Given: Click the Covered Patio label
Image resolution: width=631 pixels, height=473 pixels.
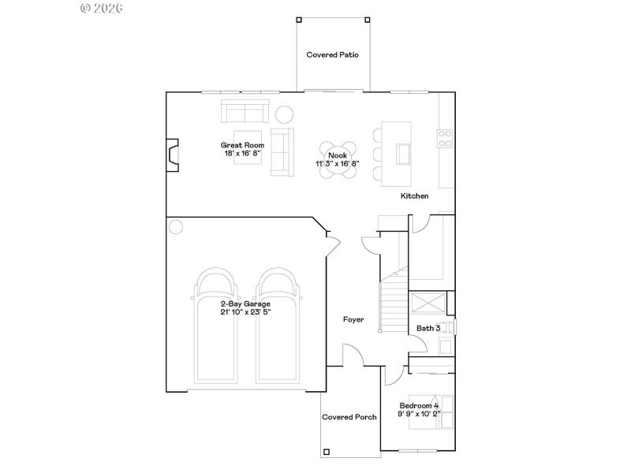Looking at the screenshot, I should tap(333, 55).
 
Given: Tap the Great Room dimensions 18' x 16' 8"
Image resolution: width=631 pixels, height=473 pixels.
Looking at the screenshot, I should tap(242, 154).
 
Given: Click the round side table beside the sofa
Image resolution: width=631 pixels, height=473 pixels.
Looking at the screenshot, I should tap(283, 114).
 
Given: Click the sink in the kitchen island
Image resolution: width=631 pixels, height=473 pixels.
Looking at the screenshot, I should tap(403, 152).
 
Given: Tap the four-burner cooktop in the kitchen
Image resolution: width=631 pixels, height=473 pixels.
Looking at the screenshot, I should tap(446, 139).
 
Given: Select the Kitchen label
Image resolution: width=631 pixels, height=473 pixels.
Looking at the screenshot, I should tap(414, 196).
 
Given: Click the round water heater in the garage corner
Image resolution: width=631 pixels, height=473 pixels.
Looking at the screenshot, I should tap(175, 226).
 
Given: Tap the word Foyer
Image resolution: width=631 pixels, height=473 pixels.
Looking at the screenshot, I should tap(353, 319).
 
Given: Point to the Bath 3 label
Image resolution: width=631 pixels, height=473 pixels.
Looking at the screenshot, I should tap(428, 327).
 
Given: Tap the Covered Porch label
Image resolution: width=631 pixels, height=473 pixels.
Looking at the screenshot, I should tap(349, 417).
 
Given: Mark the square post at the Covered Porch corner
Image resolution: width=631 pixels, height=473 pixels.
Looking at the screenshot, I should tap(327, 452).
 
